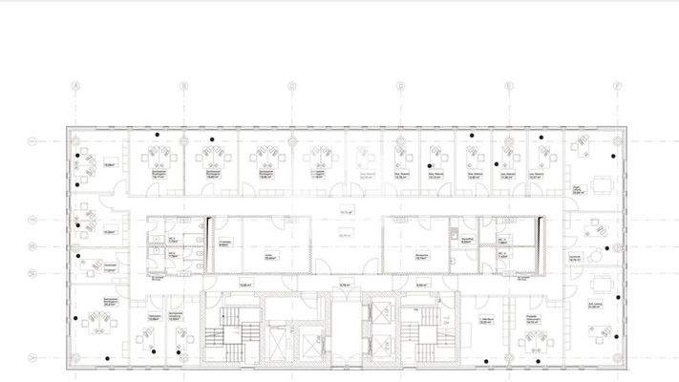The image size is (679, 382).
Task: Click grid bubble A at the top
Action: (74, 86)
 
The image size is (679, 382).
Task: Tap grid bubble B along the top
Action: (183, 86)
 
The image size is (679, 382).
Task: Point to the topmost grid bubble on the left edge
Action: (32, 141)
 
